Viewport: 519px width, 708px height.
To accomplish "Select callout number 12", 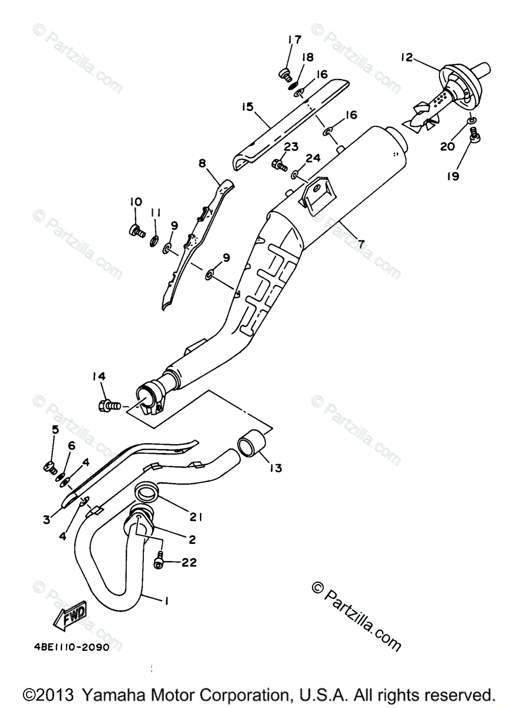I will pos(406,58).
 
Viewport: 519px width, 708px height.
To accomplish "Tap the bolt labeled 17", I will pos(285,74).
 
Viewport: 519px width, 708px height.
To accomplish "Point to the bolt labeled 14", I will pos(109,406).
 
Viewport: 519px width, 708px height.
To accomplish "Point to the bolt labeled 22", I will pos(159,563).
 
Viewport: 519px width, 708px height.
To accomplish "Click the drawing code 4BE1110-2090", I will pos(71,647).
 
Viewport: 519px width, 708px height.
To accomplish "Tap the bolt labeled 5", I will pos(50,467).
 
